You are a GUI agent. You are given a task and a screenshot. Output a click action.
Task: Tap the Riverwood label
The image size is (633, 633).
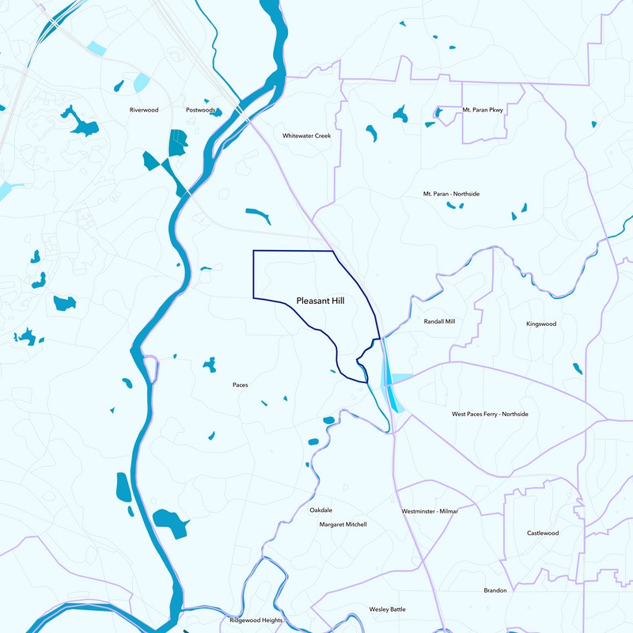144,110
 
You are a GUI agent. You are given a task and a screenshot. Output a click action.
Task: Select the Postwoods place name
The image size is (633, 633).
200,110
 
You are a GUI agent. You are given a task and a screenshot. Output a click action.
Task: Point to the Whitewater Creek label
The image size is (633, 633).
306,135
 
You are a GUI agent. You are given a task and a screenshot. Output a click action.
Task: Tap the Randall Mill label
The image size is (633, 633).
439,322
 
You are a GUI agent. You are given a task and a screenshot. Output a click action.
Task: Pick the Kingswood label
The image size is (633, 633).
541,324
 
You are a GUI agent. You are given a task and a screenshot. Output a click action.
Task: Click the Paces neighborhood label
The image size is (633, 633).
240,385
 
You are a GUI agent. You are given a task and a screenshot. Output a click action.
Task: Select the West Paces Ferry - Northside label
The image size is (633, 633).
490,414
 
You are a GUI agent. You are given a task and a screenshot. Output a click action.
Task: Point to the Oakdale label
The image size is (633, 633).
320,510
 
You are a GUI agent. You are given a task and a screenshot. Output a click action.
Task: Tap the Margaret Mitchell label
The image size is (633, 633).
343,525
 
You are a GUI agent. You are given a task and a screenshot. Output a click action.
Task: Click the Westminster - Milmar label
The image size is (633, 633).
430,511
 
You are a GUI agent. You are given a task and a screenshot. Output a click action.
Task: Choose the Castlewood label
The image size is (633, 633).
543,533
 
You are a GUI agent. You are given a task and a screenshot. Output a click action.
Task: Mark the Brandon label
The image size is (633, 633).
495,590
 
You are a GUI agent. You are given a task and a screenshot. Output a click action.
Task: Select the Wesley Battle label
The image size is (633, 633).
387,609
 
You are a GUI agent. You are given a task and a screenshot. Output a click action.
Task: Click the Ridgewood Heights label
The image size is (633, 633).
256,620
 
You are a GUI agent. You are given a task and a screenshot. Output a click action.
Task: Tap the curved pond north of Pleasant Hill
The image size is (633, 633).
259,214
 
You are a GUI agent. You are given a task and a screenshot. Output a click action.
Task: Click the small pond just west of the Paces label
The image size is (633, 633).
210,365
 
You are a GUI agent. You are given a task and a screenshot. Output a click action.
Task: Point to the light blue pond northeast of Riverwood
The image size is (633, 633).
142,82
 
